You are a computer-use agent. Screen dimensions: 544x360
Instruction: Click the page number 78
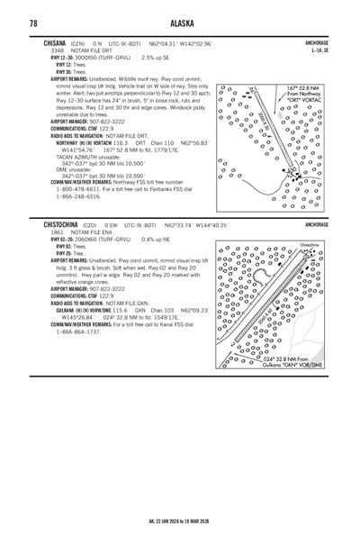pyautogui.click(x=32, y=23)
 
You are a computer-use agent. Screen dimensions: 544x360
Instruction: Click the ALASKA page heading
pyautogui.click(x=180, y=23)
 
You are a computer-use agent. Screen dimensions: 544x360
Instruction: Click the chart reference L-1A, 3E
pyautogui.click(x=318, y=50)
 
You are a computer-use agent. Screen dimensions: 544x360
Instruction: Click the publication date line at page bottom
pyautogui.click(x=180, y=521)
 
